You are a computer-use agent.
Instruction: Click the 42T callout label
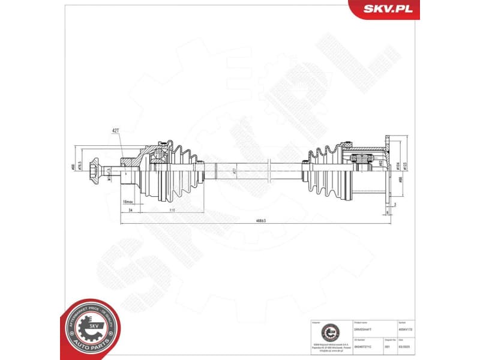click(116, 130)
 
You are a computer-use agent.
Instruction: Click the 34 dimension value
click(130, 211)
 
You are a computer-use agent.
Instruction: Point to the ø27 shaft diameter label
click(235, 170)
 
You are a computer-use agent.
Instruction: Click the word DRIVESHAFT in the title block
click(364, 328)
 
